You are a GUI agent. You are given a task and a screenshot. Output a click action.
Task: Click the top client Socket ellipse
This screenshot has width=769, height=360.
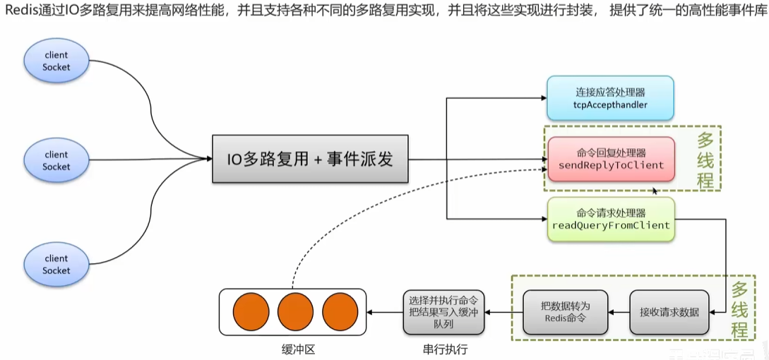point(56,61)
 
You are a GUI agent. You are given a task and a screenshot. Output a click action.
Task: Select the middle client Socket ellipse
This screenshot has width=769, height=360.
point(56,161)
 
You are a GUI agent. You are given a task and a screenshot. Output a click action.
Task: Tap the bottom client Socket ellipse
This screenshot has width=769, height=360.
point(56,265)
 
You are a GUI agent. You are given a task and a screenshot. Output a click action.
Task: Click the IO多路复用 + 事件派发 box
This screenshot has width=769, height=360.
point(309,160)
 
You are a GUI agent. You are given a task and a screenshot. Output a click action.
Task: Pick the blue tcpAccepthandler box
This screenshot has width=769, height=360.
point(610,99)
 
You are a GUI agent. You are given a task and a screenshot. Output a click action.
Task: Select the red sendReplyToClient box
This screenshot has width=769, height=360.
point(611,159)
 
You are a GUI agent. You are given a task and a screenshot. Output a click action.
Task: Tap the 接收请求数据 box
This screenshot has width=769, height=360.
point(669,311)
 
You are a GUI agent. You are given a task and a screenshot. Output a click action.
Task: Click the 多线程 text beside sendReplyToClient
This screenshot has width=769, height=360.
point(704,159)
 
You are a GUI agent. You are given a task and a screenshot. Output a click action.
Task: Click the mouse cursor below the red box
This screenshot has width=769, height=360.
point(656,191)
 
